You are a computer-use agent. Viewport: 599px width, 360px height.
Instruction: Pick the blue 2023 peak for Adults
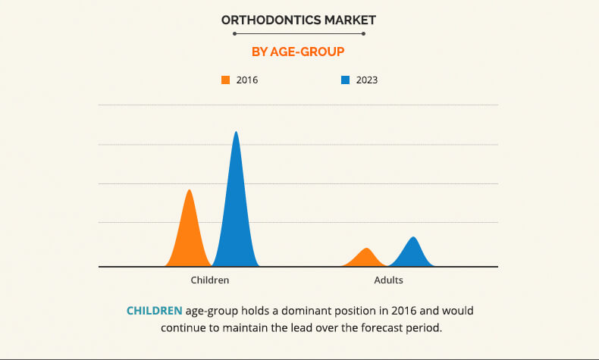tap(413, 253)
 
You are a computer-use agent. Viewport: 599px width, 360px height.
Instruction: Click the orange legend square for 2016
tap(225, 80)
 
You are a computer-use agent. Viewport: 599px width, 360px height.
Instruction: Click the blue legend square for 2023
tap(345, 80)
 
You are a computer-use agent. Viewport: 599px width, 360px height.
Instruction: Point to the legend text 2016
tap(247, 80)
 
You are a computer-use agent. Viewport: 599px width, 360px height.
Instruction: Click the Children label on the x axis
tap(210, 280)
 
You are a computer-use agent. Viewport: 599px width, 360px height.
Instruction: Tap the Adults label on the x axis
tap(389, 280)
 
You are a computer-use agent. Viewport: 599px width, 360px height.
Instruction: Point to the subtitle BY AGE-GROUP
tap(299, 52)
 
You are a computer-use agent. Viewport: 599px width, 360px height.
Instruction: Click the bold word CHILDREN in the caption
tap(154, 311)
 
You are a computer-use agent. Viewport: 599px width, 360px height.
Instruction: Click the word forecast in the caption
tap(386, 328)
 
